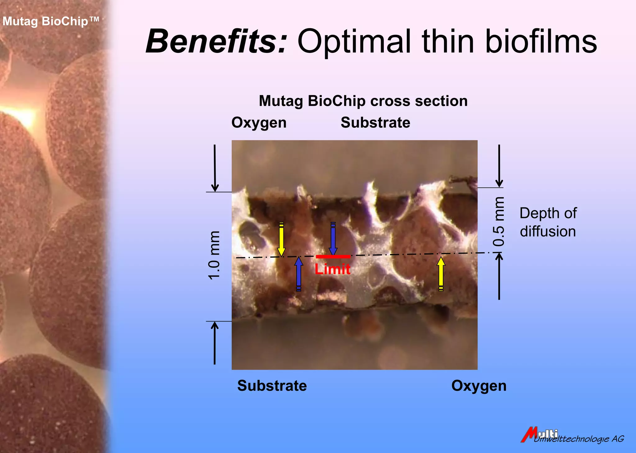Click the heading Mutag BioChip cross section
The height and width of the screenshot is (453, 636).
(363, 101)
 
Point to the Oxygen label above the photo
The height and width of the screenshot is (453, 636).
(259, 123)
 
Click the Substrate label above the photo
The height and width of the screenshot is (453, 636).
(375, 122)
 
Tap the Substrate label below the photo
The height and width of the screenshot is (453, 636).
(272, 386)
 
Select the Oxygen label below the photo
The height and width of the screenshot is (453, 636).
(479, 386)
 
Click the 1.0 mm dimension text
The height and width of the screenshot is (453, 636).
(214, 255)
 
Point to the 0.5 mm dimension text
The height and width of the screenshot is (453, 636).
(499, 221)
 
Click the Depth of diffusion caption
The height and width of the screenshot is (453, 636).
(548, 222)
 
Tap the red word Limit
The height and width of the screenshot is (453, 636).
(332, 269)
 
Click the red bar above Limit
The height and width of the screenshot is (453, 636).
(333, 257)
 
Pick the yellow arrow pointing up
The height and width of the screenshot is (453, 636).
(441, 274)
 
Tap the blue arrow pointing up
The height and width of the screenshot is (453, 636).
(299, 274)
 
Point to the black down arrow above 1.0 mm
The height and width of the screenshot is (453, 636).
(215, 168)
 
